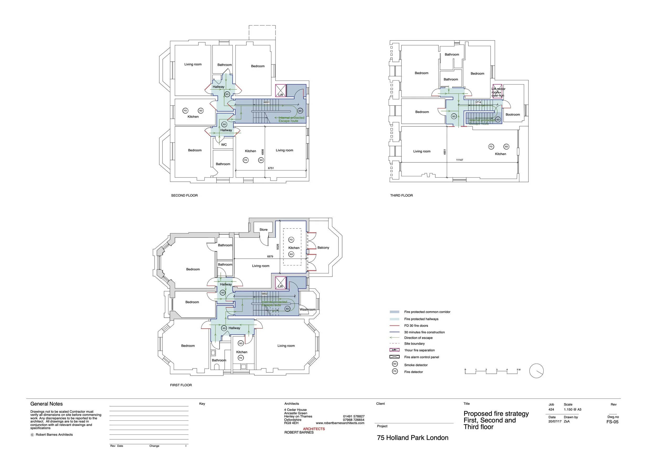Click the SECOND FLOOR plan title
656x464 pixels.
point(184,195)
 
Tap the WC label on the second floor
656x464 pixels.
point(224,145)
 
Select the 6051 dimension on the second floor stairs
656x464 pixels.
point(266,102)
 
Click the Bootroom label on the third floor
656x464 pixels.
point(512,115)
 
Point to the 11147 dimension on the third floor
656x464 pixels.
point(459,160)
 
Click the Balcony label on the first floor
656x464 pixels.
point(323,248)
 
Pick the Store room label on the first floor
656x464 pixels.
point(263,230)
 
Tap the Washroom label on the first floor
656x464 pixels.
point(308,310)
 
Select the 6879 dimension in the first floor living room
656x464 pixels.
point(270,257)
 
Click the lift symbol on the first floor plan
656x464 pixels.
point(281,283)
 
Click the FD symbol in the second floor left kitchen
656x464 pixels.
point(185,111)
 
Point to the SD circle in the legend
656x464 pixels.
point(395,364)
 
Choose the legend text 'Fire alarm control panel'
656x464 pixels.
point(421,357)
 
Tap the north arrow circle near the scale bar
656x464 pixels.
point(536,371)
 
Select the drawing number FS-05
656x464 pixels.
point(612,422)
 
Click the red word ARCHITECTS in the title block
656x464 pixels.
point(314,429)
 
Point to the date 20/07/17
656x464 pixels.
point(554,422)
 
